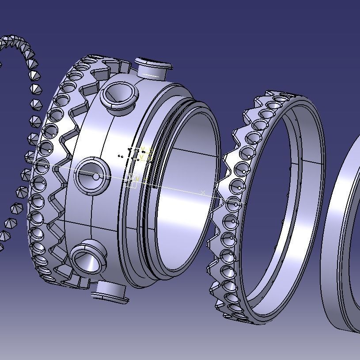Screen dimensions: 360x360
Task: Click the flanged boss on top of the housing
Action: [152, 68]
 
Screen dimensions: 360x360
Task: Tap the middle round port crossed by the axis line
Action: [91, 176]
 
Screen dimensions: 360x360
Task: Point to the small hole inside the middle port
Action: [96, 176]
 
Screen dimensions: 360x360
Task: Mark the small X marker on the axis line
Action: [203, 192]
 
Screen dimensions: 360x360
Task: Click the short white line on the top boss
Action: [152, 76]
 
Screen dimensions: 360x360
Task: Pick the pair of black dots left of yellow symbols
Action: [121, 156]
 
